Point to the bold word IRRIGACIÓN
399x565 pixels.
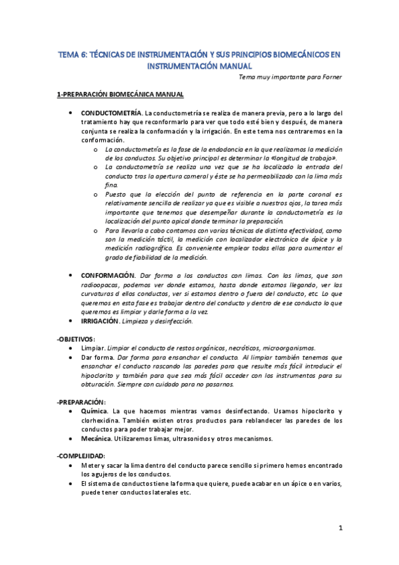coord(101,321)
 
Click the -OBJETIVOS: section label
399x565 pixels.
coord(76,339)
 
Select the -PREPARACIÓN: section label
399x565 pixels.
coord(81,402)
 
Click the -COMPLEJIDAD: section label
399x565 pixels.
coord(83,455)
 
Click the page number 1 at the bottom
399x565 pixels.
coord(340,529)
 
